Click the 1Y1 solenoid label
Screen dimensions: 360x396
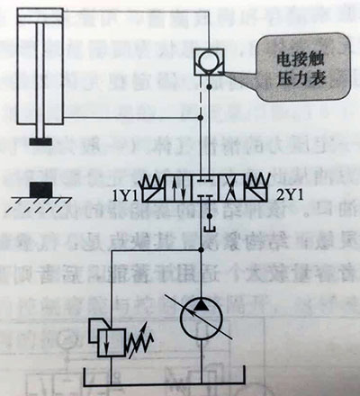click(124, 196)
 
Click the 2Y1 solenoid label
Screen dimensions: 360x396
click(290, 196)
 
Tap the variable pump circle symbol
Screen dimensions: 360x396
click(202, 319)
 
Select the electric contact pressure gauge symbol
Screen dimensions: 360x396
click(209, 62)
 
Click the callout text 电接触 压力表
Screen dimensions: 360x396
click(301, 68)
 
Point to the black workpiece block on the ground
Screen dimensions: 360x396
click(40, 190)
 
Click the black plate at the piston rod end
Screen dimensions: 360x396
click(40, 141)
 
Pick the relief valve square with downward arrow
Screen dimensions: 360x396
click(111, 343)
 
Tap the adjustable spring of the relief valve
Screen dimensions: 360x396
click(140, 340)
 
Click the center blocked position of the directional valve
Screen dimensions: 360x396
click(205, 189)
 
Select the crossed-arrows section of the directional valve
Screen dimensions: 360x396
click(232, 189)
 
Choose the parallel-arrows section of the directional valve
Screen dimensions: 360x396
click(179, 189)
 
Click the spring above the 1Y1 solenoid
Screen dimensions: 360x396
click(153, 180)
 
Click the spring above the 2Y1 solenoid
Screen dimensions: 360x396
click(257, 180)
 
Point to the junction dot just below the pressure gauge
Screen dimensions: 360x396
click(210, 87)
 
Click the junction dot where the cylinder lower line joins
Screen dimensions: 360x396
click(201, 117)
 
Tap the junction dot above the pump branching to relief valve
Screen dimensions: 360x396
click(201, 249)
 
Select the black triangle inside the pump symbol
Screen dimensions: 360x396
click(201, 304)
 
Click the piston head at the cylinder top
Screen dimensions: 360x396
click(40, 18)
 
